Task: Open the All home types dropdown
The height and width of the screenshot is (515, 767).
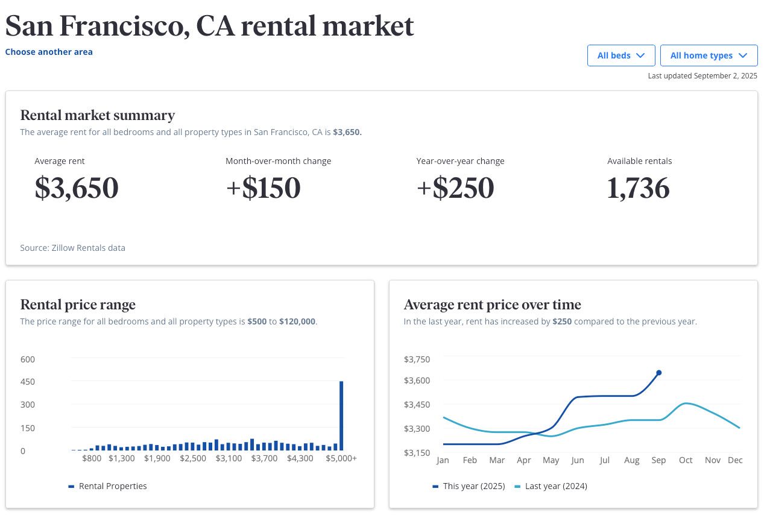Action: click(x=709, y=55)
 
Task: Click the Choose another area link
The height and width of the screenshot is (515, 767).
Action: click(x=49, y=52)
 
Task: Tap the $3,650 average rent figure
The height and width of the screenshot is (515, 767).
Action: click(x=77, y=188)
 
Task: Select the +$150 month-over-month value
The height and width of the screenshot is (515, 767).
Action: click(x=263, y=188)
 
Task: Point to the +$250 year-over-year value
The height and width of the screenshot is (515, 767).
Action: click(x=455, y=188)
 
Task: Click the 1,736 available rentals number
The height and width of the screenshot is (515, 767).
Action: click(x=638, y=188)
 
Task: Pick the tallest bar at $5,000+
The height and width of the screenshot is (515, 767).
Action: click(x=341, y=415)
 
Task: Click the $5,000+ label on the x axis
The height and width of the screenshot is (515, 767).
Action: click(x=342, y=458)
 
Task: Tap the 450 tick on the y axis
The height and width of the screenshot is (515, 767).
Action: click(x=28, y=382)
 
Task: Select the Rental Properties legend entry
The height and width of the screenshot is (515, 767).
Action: click(x=112, y=486)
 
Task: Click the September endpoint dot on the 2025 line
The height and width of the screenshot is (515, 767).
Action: click(x=658, y=373)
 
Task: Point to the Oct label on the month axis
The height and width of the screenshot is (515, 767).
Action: click(x=686, y=460)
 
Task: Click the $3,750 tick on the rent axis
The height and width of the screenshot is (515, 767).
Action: click(x=417, y=359)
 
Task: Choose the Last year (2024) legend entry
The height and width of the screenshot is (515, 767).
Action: click(x=555, y=486)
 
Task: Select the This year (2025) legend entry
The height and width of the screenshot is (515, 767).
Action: click(x=473, y=486)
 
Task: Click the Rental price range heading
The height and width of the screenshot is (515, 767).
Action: click(x=78, y=305)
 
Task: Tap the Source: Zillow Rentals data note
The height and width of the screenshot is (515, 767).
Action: click(x=72, y=248)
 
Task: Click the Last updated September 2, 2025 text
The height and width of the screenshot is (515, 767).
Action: click(x=702, y=76)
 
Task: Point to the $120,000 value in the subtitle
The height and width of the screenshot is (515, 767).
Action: click(x=297, y=321)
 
